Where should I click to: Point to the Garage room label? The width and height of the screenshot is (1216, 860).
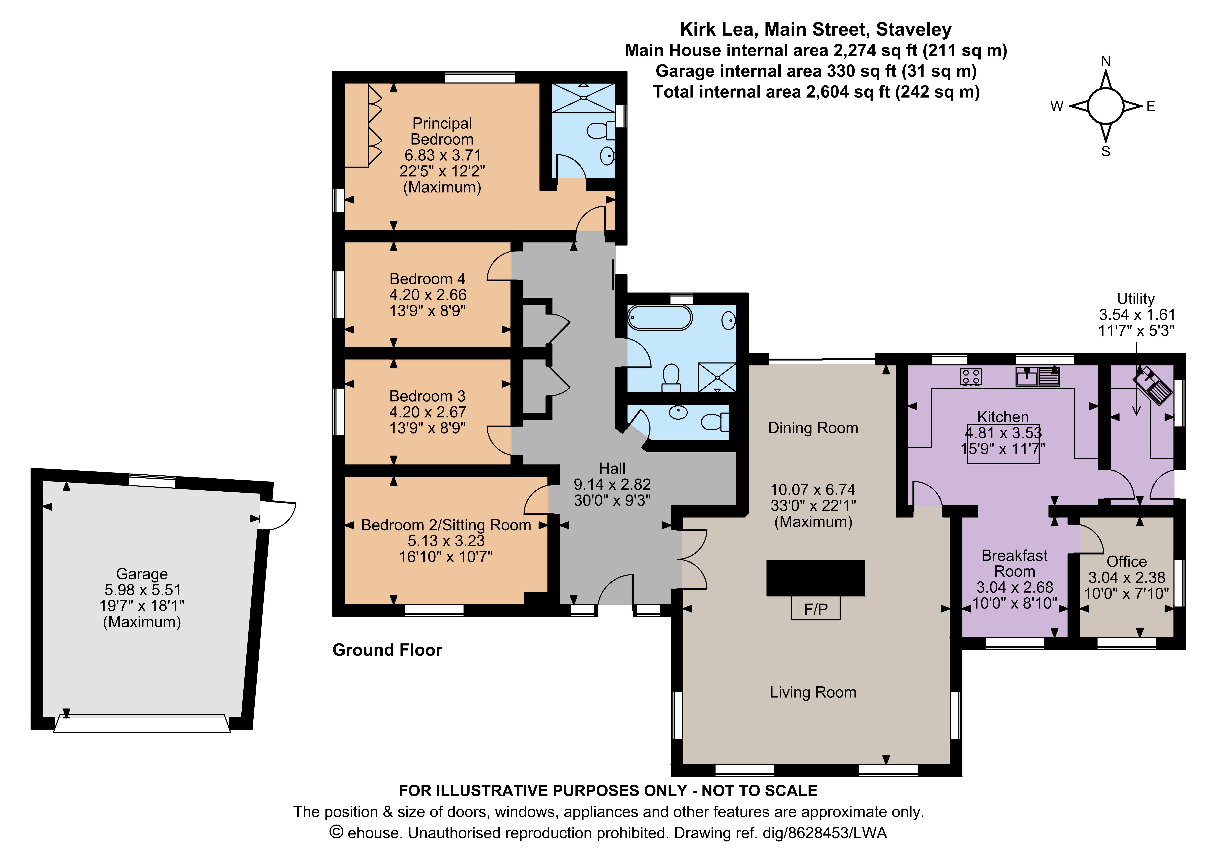click(x=142, y=574)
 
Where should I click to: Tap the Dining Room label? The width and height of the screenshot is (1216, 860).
click(x=813, y=428)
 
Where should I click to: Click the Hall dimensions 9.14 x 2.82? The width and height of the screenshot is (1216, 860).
click(x=612, y=484)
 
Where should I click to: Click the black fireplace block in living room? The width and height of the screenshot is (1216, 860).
click(x=816, y=578)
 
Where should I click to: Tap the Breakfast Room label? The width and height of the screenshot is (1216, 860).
click(x=1014, y=563)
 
